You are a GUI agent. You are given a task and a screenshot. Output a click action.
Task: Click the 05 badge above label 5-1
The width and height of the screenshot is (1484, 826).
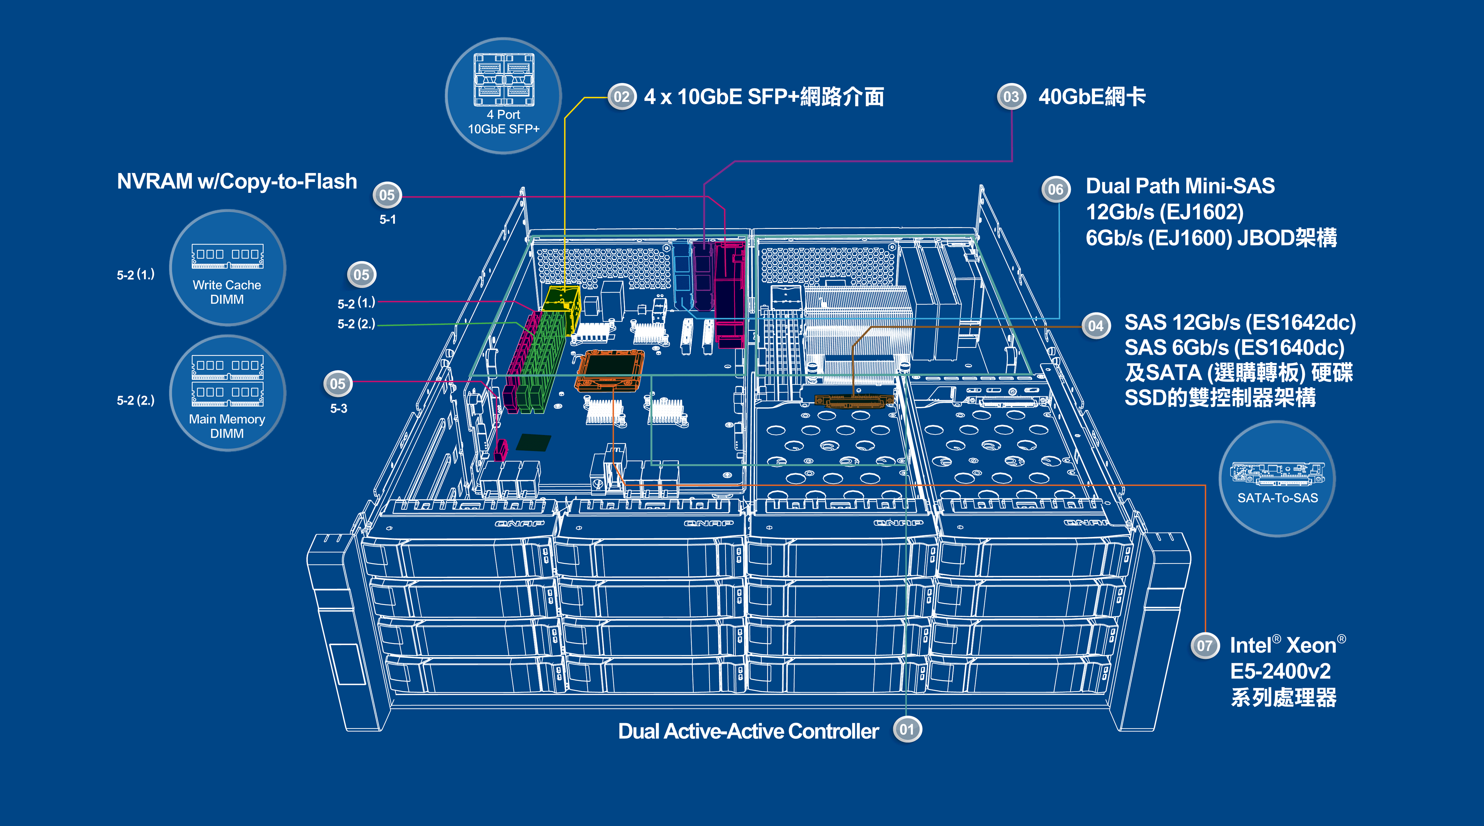click(x=387, y=195)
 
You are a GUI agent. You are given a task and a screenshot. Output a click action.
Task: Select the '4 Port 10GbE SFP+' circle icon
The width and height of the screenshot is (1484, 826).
click(x=504, y=96)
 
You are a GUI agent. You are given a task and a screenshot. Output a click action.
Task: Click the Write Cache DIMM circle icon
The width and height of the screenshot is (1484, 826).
click(x=228, y=268)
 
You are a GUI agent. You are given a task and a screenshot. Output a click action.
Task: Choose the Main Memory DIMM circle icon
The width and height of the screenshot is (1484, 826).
click(x=228, y=393)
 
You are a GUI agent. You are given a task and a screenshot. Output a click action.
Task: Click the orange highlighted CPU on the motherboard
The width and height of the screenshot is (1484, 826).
click(x=609, y=371)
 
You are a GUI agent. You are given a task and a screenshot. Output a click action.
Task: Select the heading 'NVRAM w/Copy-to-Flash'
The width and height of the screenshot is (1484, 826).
click(x=237, y=182)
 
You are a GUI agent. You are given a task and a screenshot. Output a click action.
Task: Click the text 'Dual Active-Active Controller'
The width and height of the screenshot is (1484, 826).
click(x=748, y=731)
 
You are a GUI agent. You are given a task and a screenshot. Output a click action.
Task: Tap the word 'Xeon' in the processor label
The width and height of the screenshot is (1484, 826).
click(x=1311, y=646)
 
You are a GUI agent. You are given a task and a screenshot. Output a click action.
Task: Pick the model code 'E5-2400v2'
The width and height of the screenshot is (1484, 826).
click(x=1281, y=671)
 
